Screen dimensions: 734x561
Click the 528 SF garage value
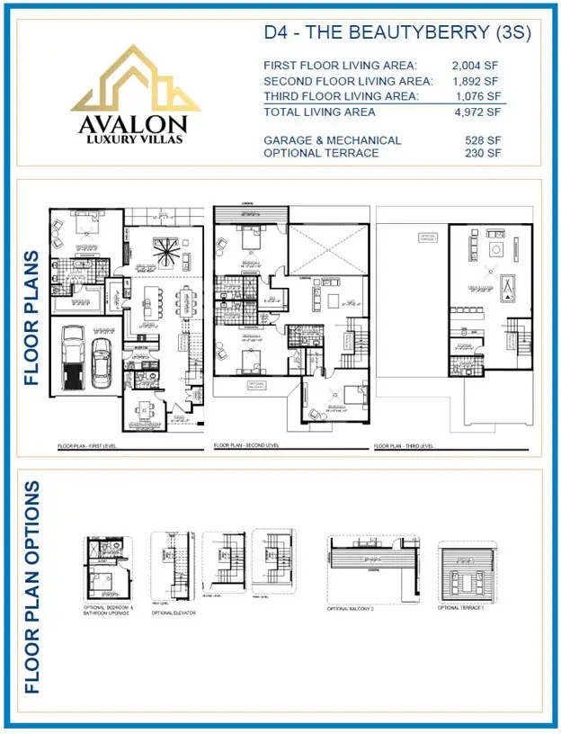point(486,140)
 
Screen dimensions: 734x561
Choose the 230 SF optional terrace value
point(486,154)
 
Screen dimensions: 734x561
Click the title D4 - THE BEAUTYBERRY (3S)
point(397,34)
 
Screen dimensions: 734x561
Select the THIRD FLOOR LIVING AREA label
point(342,96)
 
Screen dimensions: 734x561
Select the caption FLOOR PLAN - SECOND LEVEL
point(246,446)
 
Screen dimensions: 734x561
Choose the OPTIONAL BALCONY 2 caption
point(352,609)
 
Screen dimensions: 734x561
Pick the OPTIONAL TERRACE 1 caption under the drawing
point(460,607)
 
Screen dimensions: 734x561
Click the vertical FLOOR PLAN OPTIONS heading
point(33,586)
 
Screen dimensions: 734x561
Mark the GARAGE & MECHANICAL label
point(332,140)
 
